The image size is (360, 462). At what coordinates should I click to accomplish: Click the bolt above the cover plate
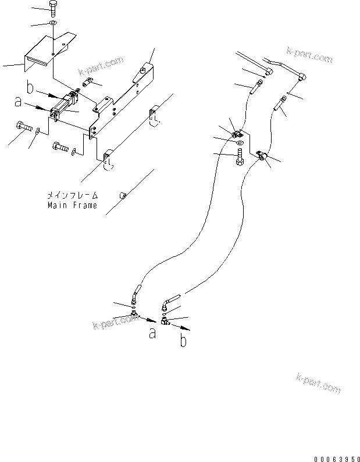54,9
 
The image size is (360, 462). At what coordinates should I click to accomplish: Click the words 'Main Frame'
72,206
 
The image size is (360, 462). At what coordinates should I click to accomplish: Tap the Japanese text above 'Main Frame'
72,196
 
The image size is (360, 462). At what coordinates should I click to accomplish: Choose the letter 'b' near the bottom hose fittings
183,341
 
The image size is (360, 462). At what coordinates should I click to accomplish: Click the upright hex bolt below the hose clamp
240,157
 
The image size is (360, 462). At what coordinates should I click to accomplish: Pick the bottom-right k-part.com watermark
318,384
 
